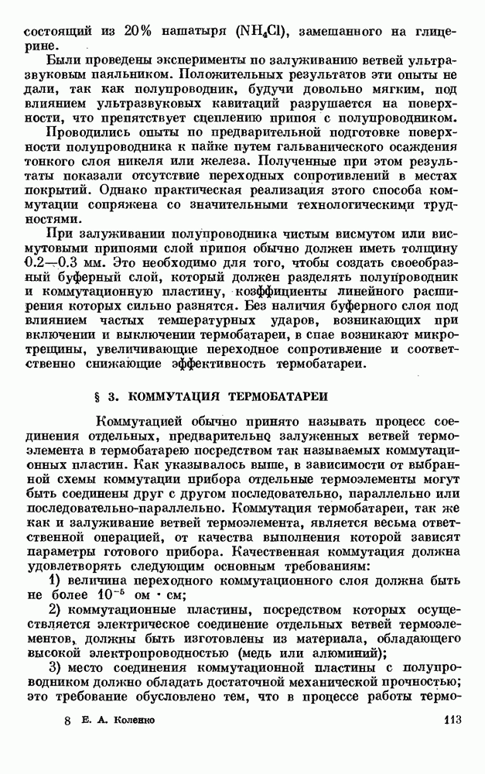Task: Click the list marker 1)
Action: [x=56, y=579]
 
